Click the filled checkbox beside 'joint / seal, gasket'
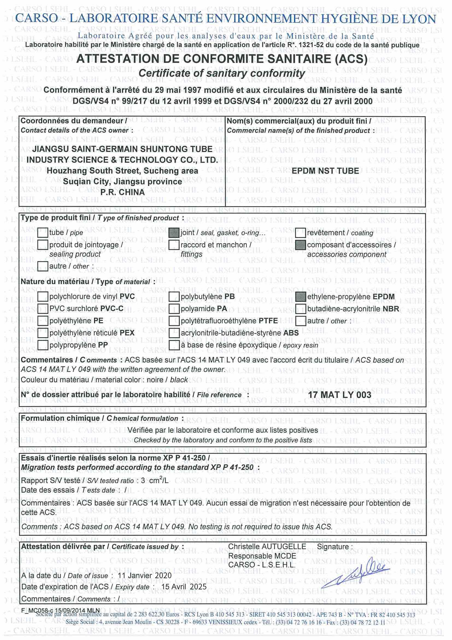click(174, 232)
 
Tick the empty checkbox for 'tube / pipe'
click(43, 232)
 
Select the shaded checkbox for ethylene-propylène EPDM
click(301, 296)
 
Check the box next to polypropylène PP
click(43, 345)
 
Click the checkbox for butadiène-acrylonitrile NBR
click(301, 309)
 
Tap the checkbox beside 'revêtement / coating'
click(301, 232)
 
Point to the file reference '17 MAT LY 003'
click(339, 395)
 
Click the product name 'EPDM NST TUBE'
click(325, 171)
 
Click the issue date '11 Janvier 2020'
click(145, 575)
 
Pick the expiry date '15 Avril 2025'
click(184, 586)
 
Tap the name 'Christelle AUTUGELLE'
click(267, 547)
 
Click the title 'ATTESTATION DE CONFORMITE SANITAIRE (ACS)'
click(222, 59)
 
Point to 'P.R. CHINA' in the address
click(122, 192)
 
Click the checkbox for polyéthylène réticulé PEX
click(43, 333)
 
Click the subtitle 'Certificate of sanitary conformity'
click(222, 73)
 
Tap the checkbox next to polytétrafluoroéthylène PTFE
click(174, 321)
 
